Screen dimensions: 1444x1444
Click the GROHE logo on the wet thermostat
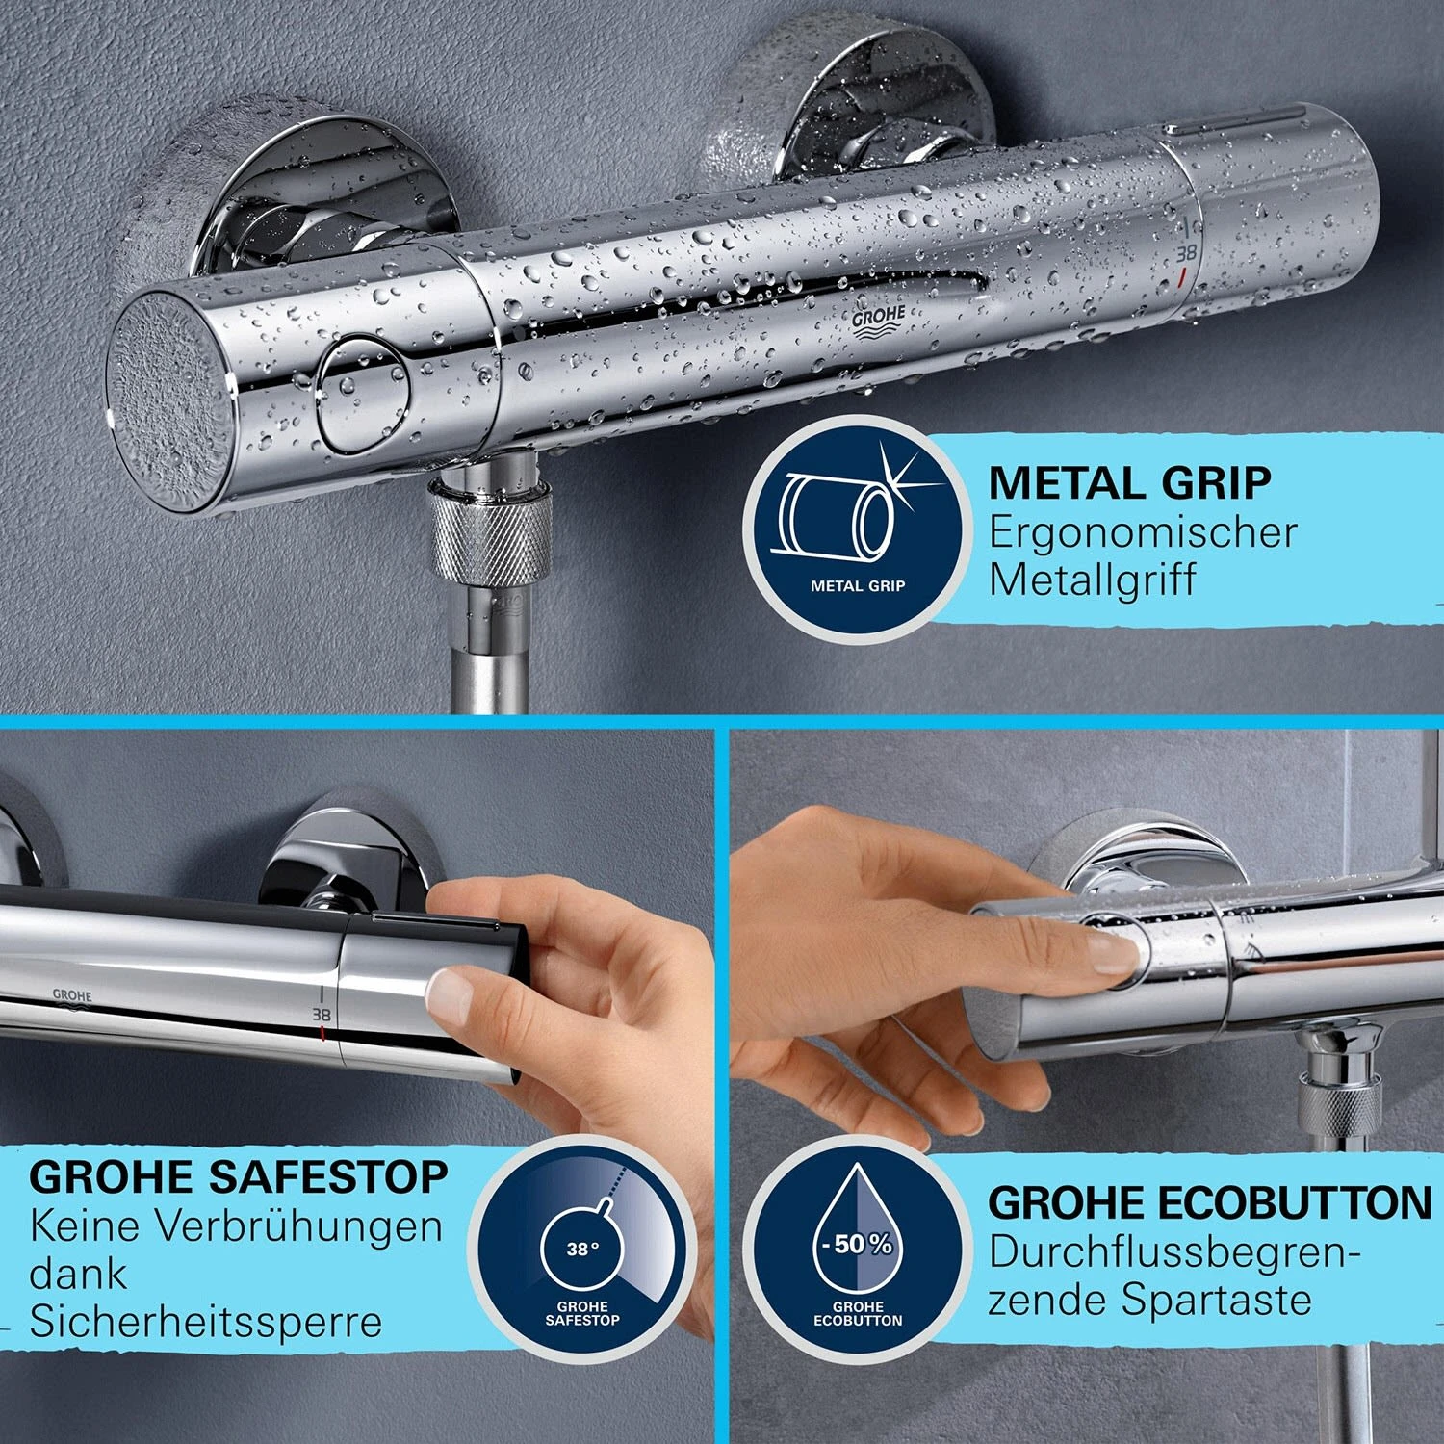point(879,322)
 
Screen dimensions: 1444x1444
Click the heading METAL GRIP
point(1129,482)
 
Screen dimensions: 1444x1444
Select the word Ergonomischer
point(1143,532)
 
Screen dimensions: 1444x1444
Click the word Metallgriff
point(1093,580)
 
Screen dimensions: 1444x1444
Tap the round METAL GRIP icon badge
point(857,525)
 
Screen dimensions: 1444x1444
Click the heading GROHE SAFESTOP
point(239,1176)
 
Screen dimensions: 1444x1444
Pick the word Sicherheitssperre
point(206,1322)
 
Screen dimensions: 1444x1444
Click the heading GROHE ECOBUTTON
point(1210,1202)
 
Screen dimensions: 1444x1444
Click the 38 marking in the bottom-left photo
point(321,1015)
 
